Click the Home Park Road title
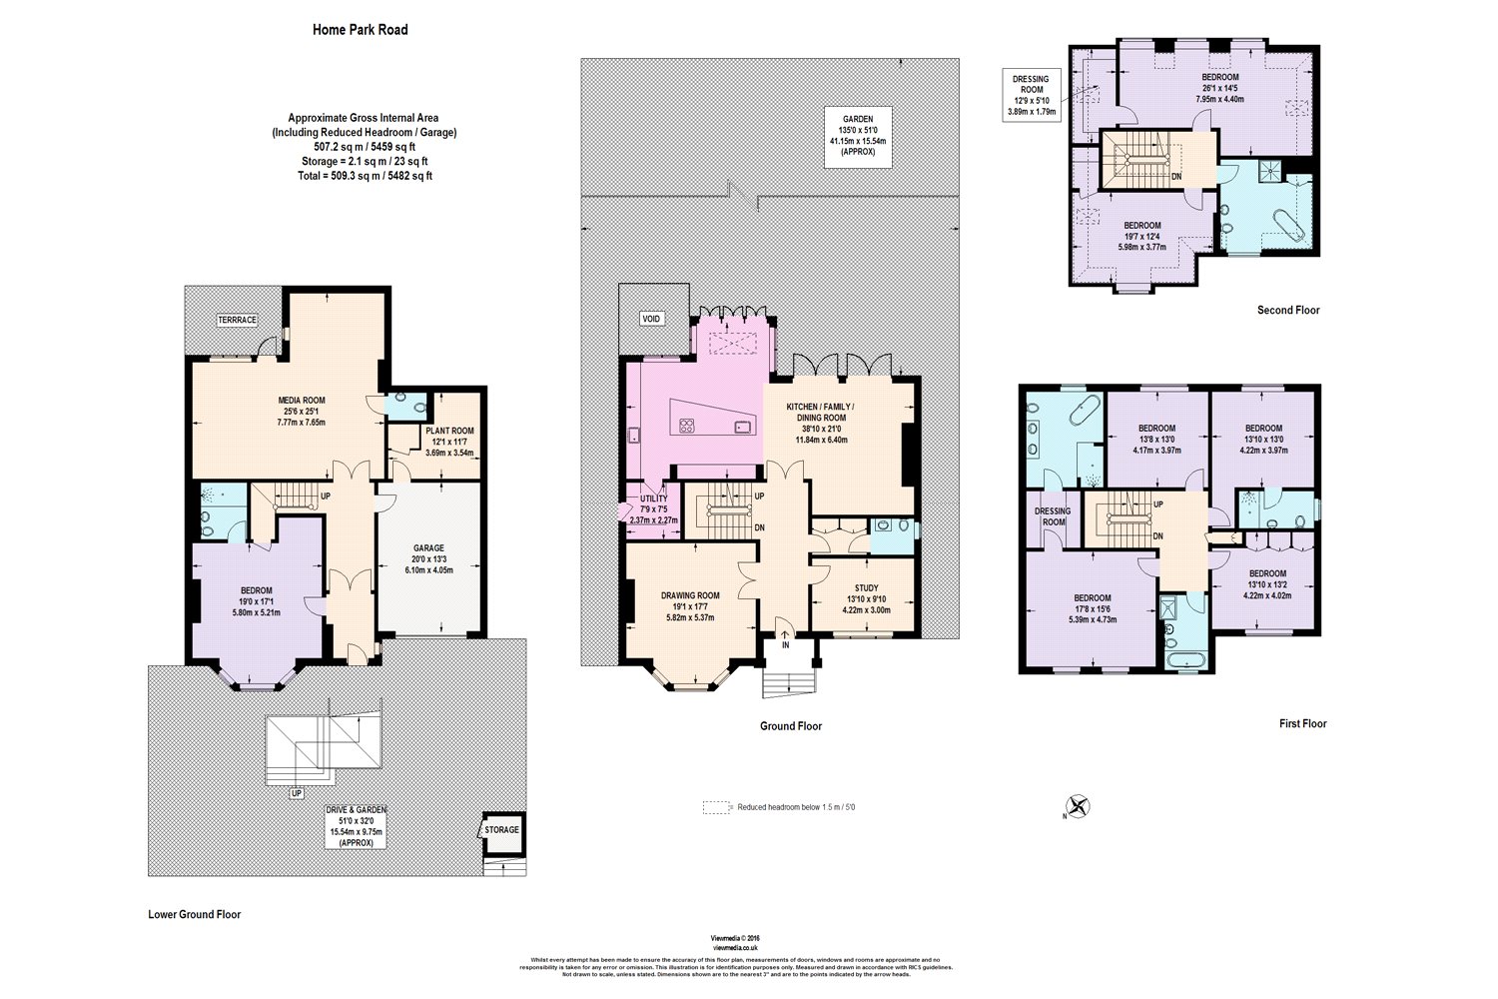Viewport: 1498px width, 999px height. [x=360, y=30]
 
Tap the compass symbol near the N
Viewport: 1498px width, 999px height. [x=1079, y=806]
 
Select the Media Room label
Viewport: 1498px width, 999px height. [x=301, y=411]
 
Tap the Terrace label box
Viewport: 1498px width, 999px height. [x=238, y=320]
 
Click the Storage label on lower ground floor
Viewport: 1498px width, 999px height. [x=501, y=830]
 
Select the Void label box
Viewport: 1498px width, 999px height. [x=651, y=319]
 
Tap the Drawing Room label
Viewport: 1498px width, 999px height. [x=690, y=605]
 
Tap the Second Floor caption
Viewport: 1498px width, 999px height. [x=1287, y=311]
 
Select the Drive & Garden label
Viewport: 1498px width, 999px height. [x=356, y=826]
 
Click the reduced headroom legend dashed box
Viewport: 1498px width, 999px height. [x=717, y=807]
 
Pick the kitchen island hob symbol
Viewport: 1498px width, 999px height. [x=687, y=426]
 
